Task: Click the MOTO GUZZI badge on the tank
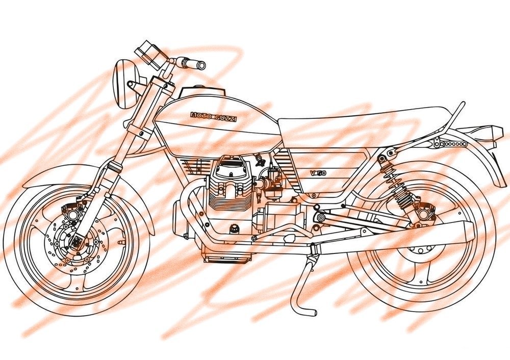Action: tap(213, 117)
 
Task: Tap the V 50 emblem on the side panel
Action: tap(318, 173)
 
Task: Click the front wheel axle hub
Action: tap(78, 242)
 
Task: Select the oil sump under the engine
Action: tap(227, 256)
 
